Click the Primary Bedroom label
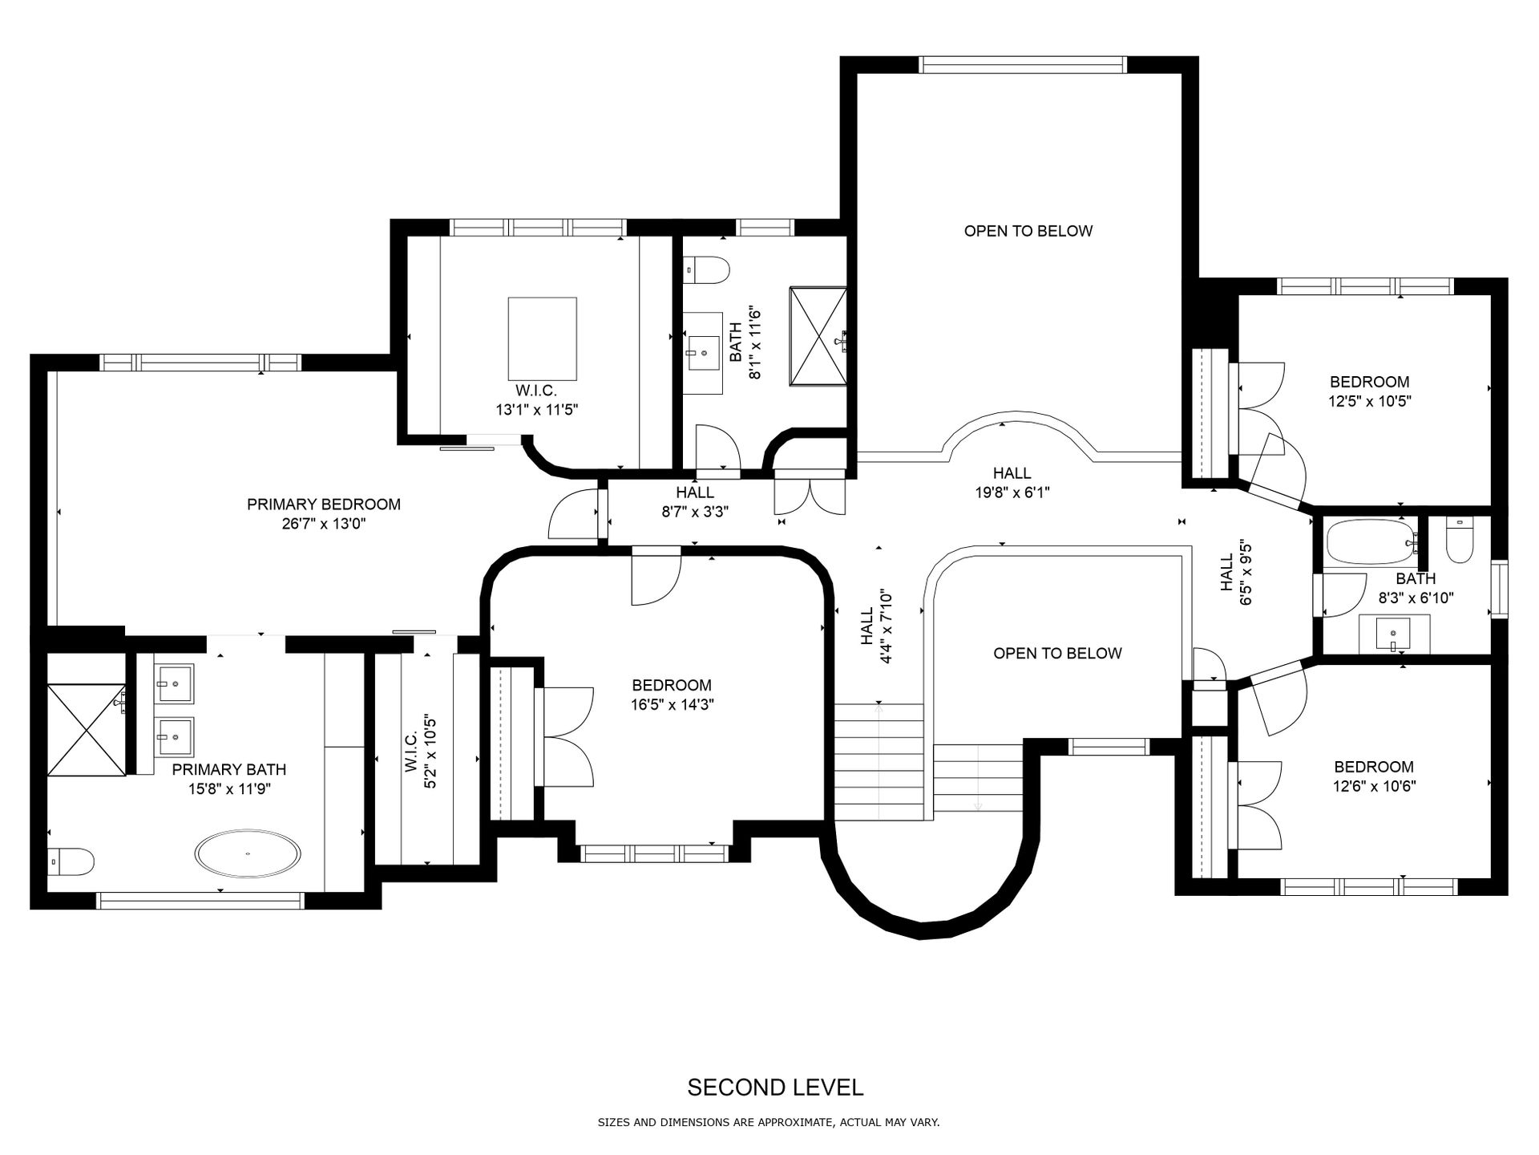click(x=323, y=505)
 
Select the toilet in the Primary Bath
click(x=69, y=861)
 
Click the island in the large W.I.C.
click(x=543, y=338)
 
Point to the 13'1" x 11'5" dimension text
click(x=536, y=410)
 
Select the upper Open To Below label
click(x=1028, y=231)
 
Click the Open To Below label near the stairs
click(x=1057, y=654)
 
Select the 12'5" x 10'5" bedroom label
click(x=1369, y=391)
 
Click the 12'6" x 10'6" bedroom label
click(x=1374, y=776)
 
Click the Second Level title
click(x=775, y=1088)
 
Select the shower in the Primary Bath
click(x=87, y=730)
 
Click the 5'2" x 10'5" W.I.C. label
click(x=420, y=752)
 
